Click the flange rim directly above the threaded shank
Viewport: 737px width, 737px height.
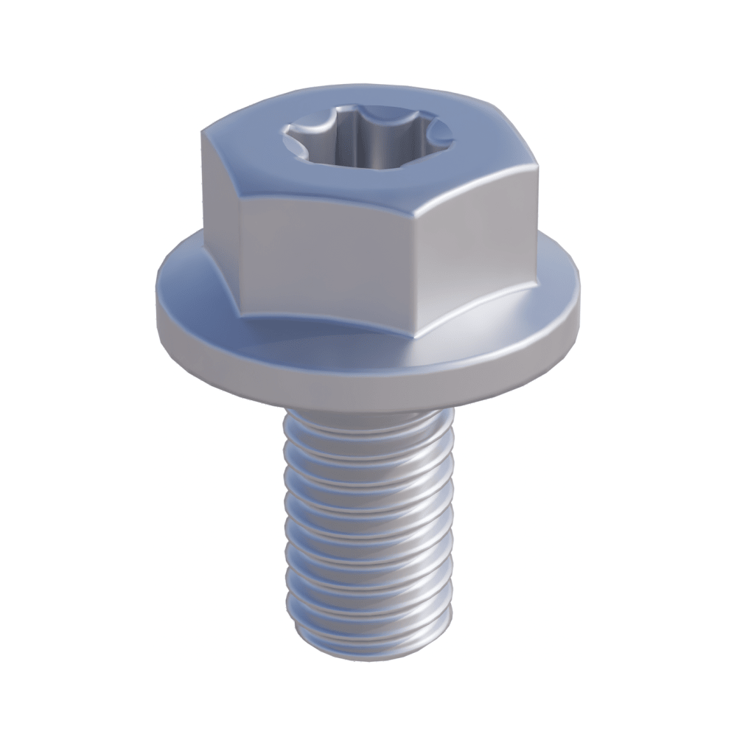[368, 387]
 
